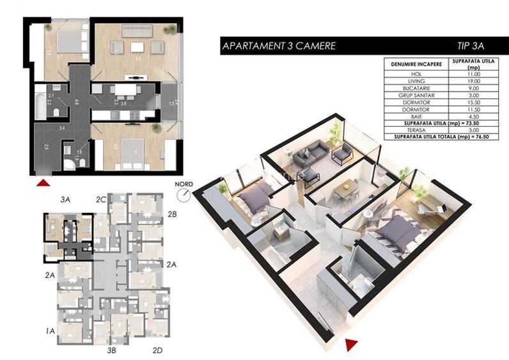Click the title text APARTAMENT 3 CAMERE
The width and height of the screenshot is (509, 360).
(278, 46)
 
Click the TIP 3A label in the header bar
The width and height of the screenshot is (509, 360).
(471, 46)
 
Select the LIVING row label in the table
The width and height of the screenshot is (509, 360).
(413, 81)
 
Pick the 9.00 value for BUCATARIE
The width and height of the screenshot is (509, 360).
(474, 88)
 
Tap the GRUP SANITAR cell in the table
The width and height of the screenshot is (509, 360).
(413, 95)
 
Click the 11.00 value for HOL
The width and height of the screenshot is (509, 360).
(474, 75)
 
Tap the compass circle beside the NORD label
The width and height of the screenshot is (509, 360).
(185, 194)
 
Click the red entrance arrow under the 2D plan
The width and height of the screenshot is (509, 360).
(42, 184)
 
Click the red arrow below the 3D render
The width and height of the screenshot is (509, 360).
(350, 345)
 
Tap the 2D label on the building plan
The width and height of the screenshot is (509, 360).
(158, 350)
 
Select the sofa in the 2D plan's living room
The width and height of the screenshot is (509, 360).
(136, 31)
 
